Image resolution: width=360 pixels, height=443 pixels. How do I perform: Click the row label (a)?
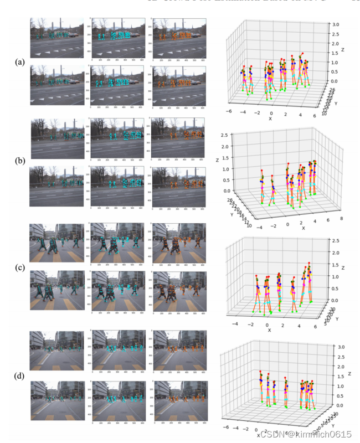coord(19,62)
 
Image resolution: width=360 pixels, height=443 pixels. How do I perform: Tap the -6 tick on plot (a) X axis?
coord(228,111)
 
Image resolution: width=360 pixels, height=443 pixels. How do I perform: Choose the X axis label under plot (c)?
coord(270,331)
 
